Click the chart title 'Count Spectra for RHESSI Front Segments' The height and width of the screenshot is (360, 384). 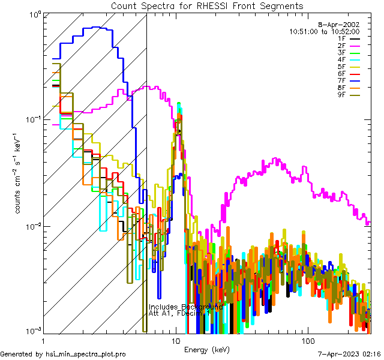tap(207, 5)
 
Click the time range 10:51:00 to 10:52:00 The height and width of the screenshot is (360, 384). tap(324, 31)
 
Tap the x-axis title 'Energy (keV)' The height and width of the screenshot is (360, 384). tap(206, 349)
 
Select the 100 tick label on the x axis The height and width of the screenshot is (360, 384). tap(307, 340)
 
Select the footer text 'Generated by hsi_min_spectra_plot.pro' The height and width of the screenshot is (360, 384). tap(63, 354)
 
